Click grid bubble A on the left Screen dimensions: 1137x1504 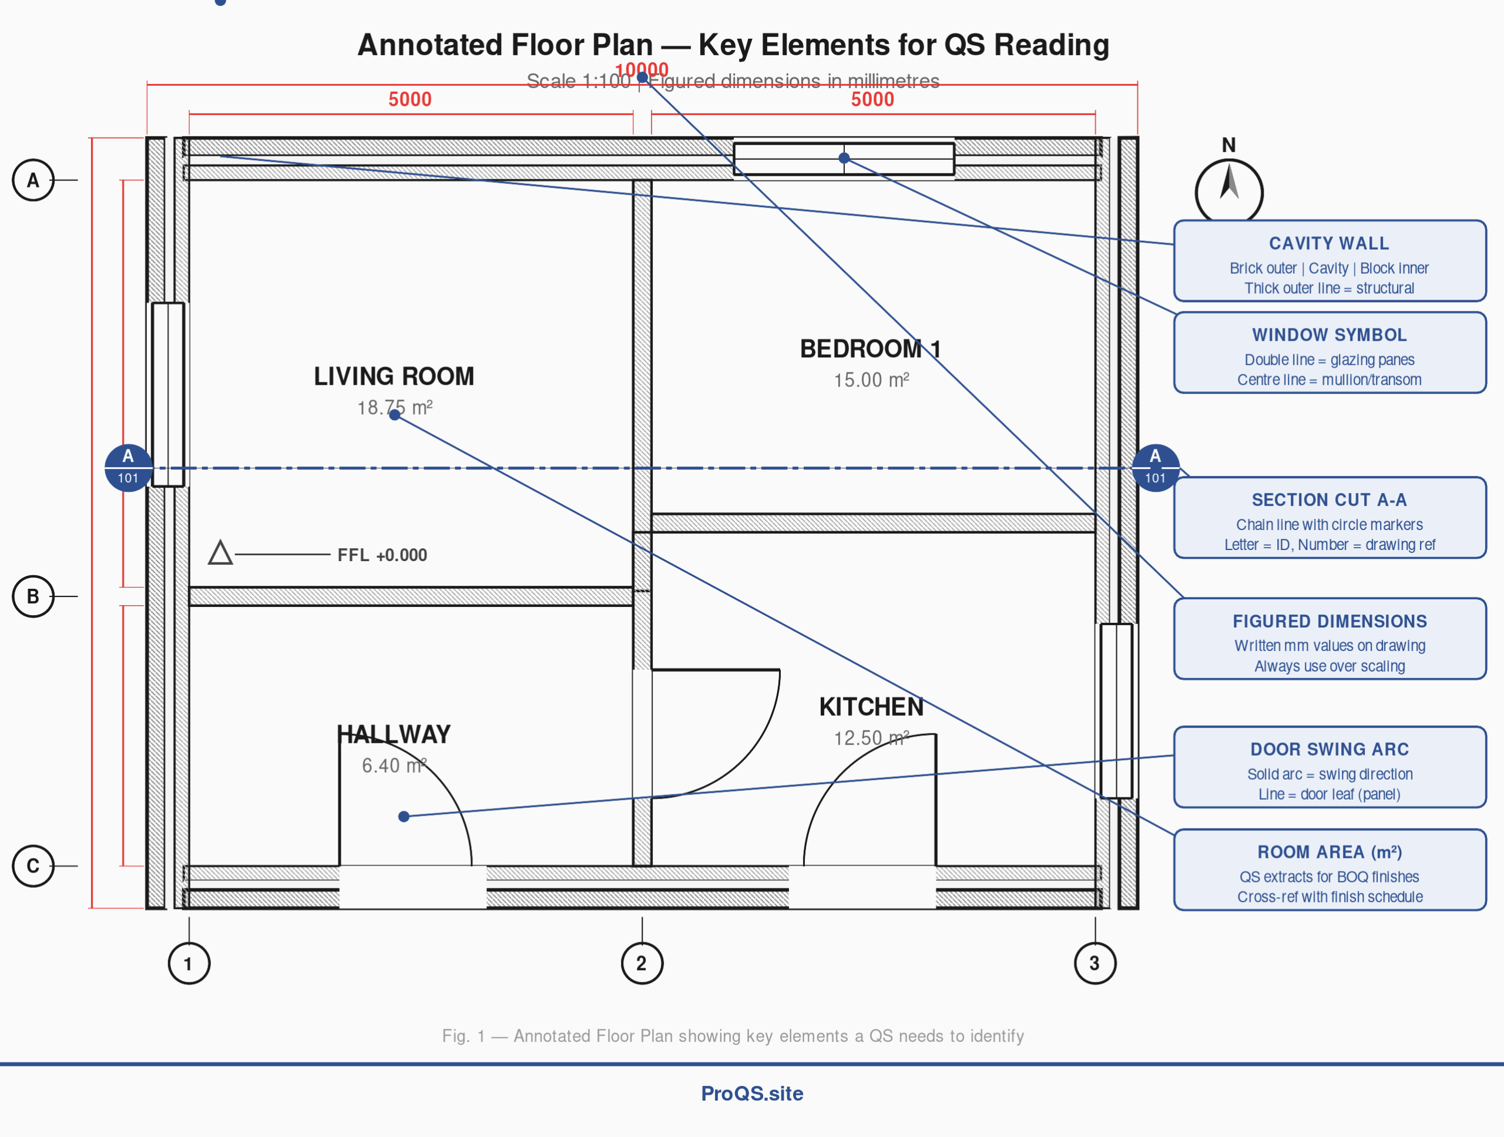pyautogui.click(x=33, y=180)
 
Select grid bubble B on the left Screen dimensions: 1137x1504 pyautogui.click(x=33, y=596)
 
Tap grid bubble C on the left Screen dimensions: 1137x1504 pyautogui.click(x=33, y=866)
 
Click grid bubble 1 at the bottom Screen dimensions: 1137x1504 pyautogui.click(x=189, y=963)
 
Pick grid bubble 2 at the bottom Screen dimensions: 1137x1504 pyautogui.click(x=642, y=963)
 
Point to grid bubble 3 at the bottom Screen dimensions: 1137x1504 pyautogui.click(x=1095, y=963)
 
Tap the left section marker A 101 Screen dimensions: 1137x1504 pyautogui.click(x=128, y=467)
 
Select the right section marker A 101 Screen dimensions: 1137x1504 pyautogui.click(x=1155, y=467)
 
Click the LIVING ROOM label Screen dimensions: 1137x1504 pyautogui.click(x=394, y=376)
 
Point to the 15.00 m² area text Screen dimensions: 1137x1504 pyautogui.click(x=871, y=380)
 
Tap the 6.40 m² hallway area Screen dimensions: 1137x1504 pyautogui.click(x=394, y=765)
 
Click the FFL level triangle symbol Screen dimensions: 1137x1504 pyautogui.click(x=220, y=554)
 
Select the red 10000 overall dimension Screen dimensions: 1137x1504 pyautogui.click(x=642, y=69)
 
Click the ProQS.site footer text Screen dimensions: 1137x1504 pyautogui.click(x=752, y=1094)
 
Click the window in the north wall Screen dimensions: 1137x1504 pyautogui.click(x=843, y=159)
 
